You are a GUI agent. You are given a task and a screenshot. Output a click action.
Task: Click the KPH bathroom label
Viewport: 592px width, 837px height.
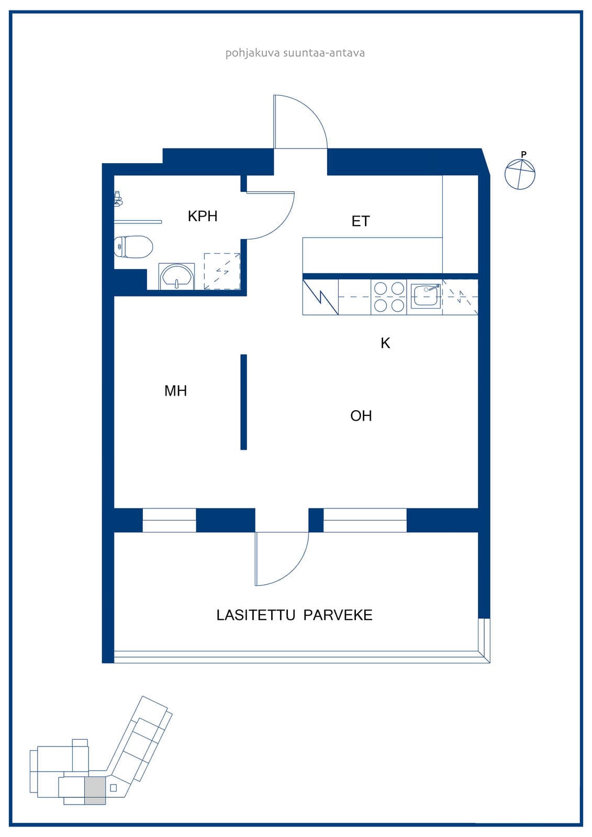203,216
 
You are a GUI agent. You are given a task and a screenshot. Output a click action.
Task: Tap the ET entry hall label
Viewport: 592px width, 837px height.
361,221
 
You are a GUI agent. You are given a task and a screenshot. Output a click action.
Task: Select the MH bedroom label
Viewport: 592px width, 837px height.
175,391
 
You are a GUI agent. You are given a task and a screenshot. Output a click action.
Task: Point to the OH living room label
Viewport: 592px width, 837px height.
361,416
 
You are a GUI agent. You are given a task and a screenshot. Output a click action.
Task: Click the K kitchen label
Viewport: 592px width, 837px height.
385,343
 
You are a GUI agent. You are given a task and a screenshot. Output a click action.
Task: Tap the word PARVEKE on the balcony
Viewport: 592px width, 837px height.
338,615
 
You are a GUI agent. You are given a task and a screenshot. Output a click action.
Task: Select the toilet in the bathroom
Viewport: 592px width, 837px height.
133,246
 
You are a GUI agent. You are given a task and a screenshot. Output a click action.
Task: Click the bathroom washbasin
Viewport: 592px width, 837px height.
176,277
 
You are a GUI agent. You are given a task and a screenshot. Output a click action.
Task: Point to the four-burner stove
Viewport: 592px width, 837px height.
388,297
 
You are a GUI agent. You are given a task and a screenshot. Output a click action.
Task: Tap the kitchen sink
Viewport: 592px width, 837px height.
426,296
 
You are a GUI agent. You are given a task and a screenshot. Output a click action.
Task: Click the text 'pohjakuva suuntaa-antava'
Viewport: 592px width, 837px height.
295,53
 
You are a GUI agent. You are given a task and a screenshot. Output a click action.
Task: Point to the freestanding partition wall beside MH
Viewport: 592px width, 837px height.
243,402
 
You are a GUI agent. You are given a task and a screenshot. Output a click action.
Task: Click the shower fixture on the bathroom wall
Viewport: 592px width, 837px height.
118,199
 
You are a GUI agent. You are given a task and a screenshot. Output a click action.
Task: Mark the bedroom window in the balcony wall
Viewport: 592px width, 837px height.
170,520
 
